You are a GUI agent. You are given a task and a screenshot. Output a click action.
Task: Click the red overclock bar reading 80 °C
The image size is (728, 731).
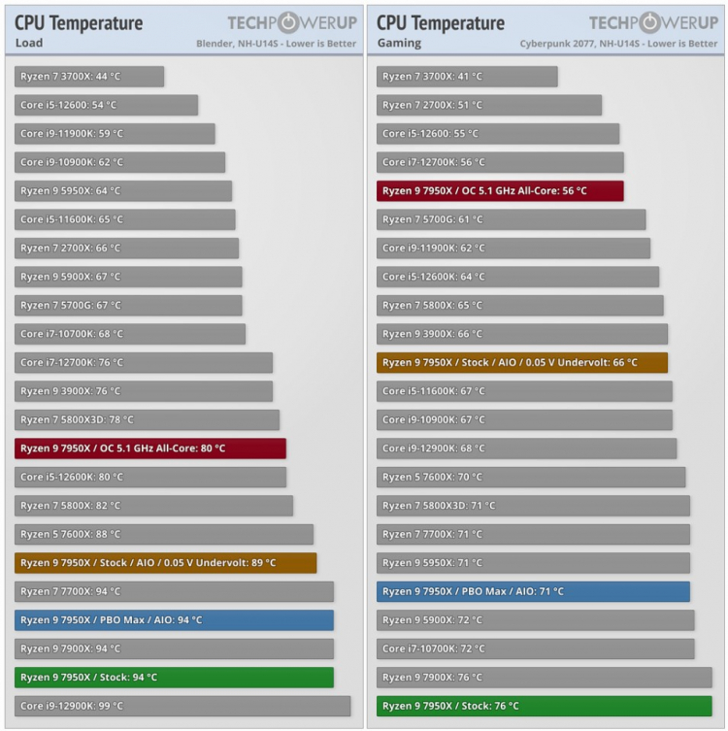(150, 449)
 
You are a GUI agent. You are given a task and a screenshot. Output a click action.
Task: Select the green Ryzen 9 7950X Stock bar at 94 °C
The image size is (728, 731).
(174, 678)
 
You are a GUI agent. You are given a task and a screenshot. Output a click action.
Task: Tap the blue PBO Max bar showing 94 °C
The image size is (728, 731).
(174, 620)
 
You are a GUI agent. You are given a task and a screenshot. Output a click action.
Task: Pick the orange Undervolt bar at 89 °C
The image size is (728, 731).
(166, 563)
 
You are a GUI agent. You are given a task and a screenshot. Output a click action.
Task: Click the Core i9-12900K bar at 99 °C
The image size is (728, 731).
(182, 706)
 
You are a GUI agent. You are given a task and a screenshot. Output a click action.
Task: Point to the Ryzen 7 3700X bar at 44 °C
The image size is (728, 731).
(89, 77)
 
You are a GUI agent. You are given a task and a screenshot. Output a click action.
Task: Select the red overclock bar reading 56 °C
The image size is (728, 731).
(500, 191)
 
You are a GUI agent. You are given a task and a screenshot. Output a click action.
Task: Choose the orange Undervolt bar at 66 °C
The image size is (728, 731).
(522, 363)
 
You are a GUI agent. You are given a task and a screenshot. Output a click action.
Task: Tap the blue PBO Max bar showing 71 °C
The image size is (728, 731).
(533, 591)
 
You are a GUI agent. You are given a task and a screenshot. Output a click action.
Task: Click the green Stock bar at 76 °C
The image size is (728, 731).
(544, 706)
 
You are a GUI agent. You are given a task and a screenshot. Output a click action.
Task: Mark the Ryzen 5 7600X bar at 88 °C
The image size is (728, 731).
(164, 534)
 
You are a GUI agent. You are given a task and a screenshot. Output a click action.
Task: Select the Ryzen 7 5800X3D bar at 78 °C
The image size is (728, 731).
(147, 420)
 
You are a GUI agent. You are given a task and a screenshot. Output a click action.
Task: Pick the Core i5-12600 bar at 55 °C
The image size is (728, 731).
(497, 134)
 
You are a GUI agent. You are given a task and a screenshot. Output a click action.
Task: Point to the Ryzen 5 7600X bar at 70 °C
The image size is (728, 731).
(531, 478)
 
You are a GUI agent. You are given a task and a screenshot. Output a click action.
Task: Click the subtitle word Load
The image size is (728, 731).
(29, 43)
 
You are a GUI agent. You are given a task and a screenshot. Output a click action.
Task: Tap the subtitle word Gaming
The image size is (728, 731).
(398, 43)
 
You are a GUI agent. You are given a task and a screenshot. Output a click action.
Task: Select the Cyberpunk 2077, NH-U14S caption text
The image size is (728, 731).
(618, 44)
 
